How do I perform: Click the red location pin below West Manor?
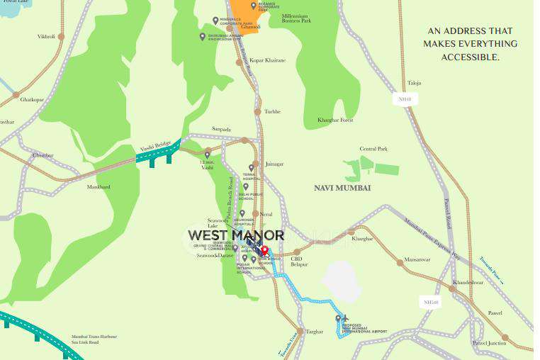pyautogui.click(x=264, y=250)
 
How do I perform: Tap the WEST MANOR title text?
pyautogui.click(x=236, y=235)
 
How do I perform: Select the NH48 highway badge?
pyautogui.click(x=405, y=100)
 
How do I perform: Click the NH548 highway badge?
pyautogui.click(x=431, y=303)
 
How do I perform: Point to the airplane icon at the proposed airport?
pyautogui.click(x=347, y=319)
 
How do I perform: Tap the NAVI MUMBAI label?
pyautogui.click(x=342, y=188)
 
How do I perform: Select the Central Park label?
pyautogui.click(x=373, y=149)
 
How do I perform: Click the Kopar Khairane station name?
pyautogui.click(x=267, y=60)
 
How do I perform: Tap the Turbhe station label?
pyautogui.click(x=272, y=111)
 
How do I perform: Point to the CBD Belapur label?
pyautogui.click(x=299, y=261)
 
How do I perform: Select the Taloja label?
pyautogui.click(x=414, y=83)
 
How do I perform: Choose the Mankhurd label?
pyautogui.click(x=99, y=187)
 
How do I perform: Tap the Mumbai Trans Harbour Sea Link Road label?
pyautogui.click(x=94, y=340)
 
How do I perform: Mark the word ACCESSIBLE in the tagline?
pyautogui.click(x=471, y=57)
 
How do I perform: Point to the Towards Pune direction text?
pyautogui.click(x=491, y=270)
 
